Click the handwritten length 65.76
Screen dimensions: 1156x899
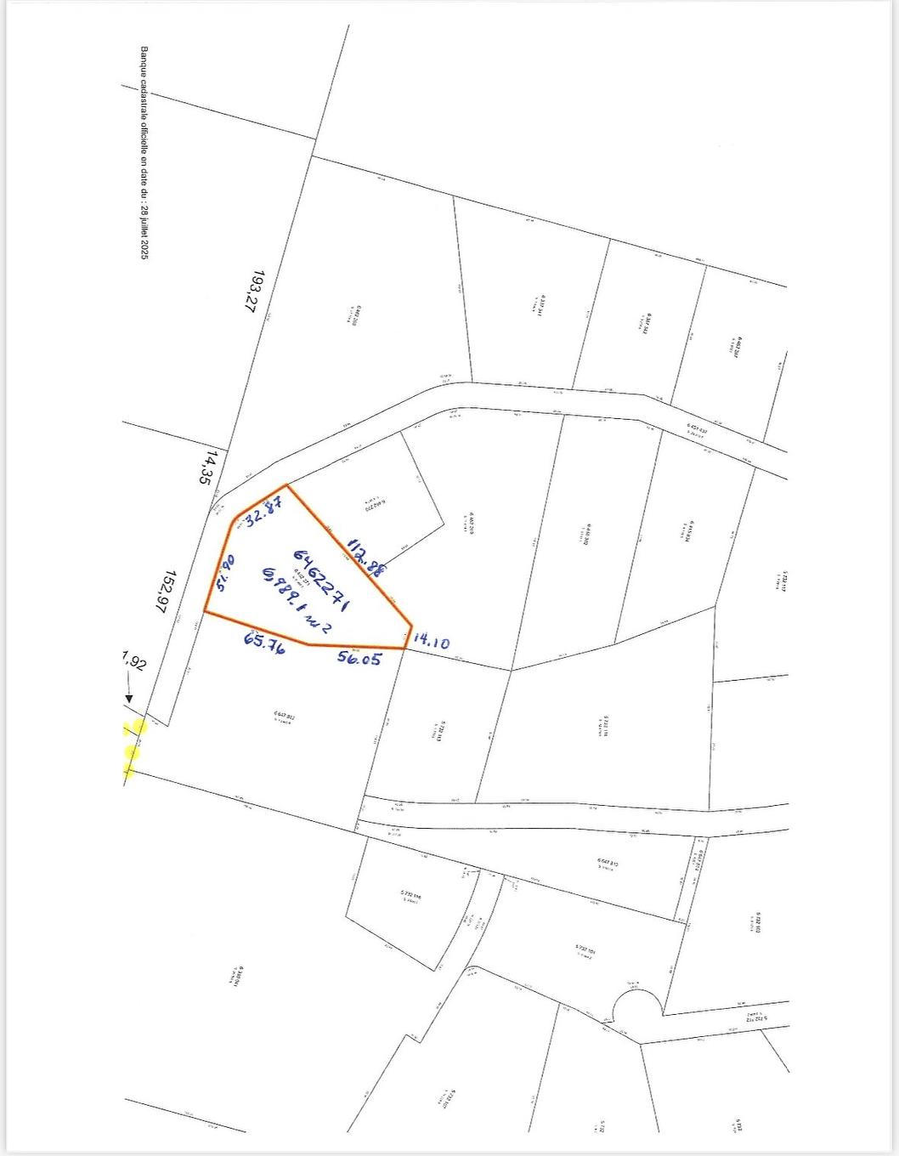(263, 643)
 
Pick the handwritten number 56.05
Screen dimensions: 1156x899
(359, 657)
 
